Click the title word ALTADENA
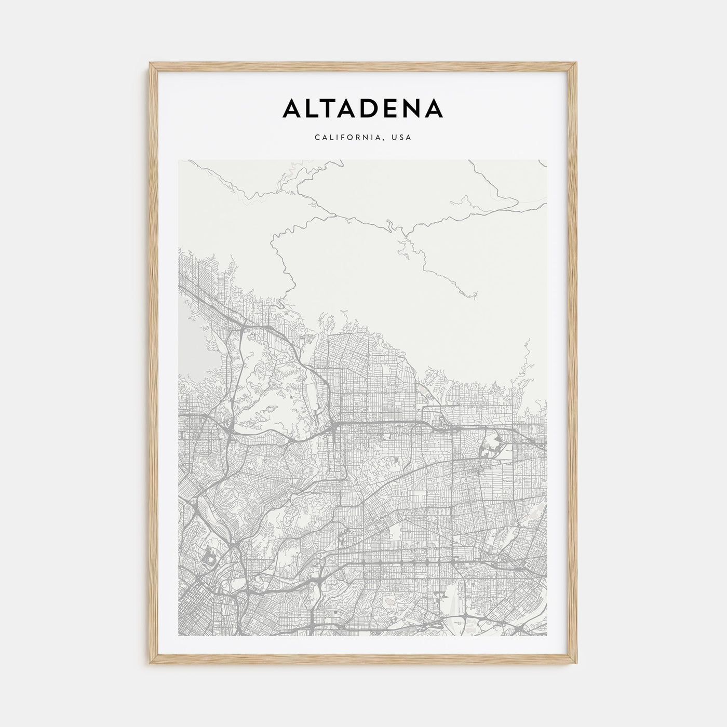click(x=362, y=108)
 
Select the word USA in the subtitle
click(x=402, y=138)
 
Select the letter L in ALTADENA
click(x=313, y=108)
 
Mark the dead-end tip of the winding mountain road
click(x=475, y=297)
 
